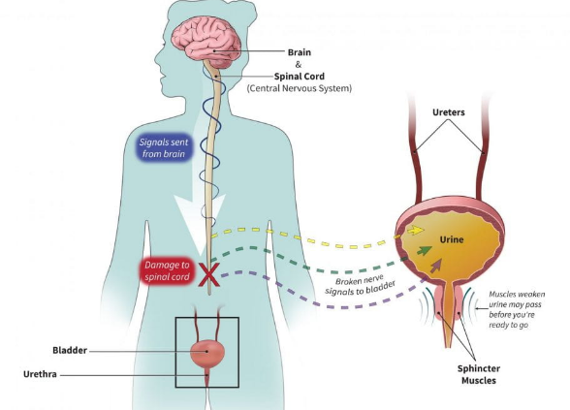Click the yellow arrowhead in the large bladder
(417, 231)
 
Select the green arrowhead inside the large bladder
(426, 250)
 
